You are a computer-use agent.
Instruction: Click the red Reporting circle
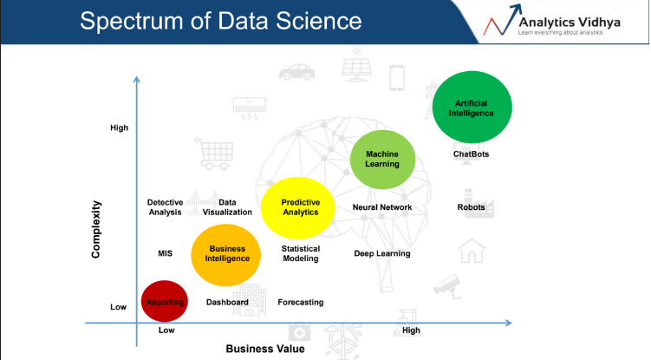coord(165,301)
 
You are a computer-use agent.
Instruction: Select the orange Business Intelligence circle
coord(226,255)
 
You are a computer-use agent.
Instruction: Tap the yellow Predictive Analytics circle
coord(297,208)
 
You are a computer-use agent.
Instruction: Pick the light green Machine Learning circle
coord(382,160)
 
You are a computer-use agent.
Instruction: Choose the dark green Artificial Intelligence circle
coord(472,108)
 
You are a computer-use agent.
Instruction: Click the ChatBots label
coord(471,154)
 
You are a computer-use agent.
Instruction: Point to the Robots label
coord(471,207)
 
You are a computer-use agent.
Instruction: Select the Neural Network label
coord(382,207)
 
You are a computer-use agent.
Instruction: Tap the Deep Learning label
coord(382,253)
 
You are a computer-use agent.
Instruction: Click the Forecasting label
coord(301,302)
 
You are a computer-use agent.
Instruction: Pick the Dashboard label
coord(227,302)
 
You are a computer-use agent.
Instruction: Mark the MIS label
coord(165,253)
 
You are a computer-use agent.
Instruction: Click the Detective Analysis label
coord(165,207)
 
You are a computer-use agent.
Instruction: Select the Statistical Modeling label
coord(301,253)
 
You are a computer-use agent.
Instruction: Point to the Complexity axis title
coord(96,230)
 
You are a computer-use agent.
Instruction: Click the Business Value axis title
coord(265,349)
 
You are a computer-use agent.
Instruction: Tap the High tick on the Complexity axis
coord(119,128)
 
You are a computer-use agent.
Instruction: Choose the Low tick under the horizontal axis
coord(166,330)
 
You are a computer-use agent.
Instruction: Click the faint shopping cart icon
coord(214,154)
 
